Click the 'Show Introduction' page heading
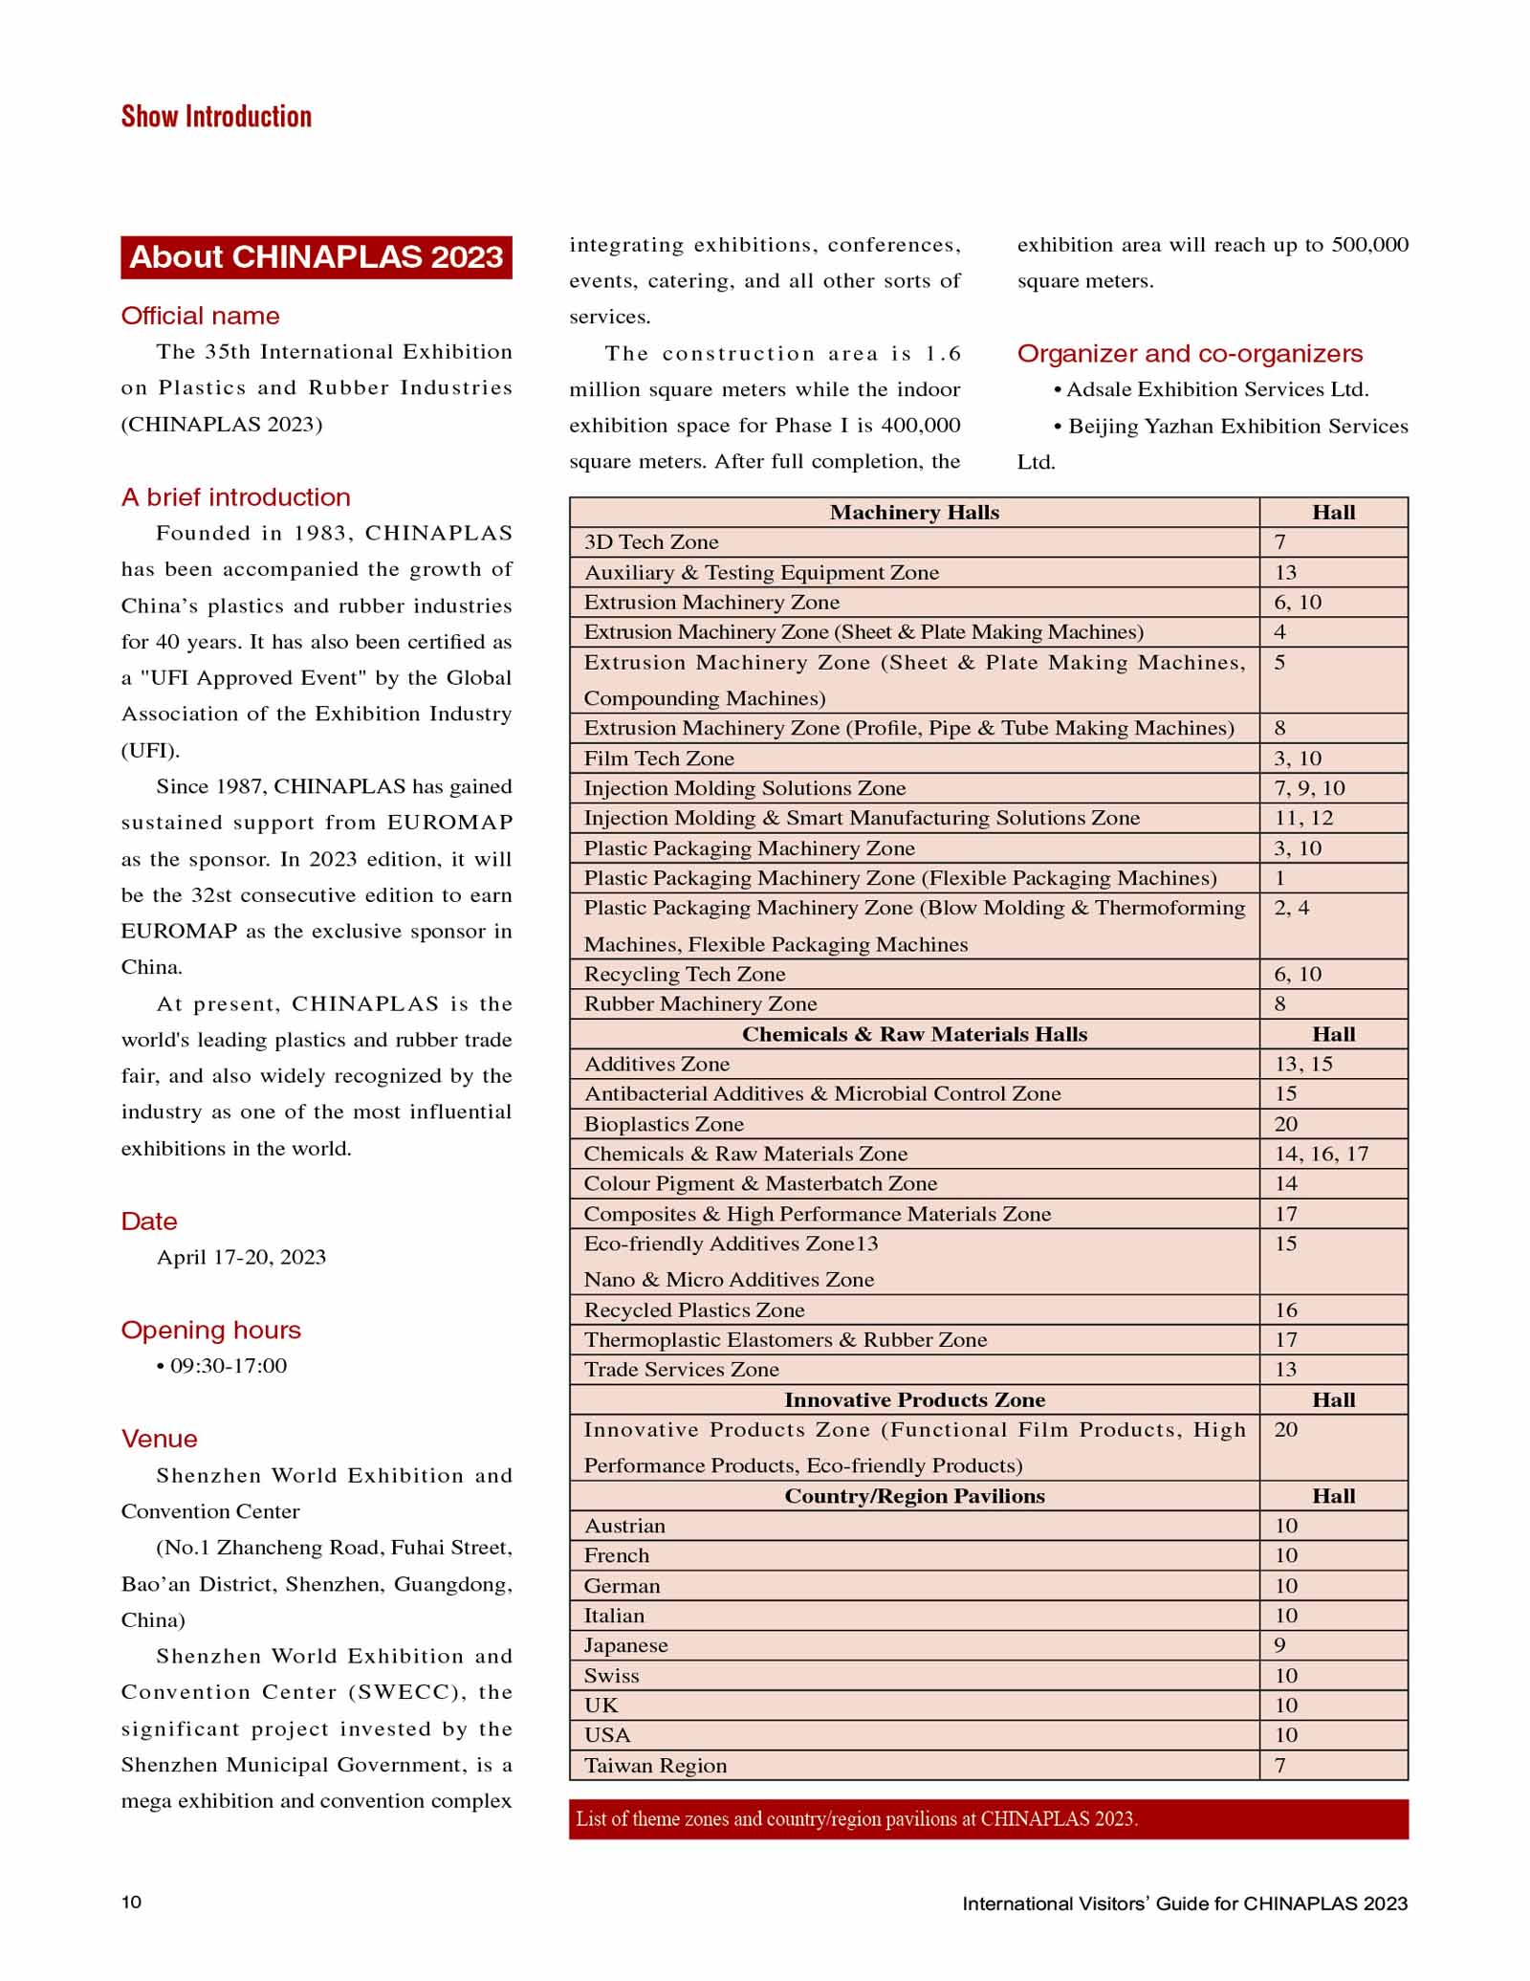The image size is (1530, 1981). (216, 117)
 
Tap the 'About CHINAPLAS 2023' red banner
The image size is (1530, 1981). (317, 257)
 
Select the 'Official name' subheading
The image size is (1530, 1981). (200, 316)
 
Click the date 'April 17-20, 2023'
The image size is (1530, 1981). (241, 1257)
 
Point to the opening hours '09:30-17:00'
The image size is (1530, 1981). (228, 1365)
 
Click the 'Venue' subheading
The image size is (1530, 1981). (159, 1439)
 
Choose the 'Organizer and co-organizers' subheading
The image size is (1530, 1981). (1190, 353)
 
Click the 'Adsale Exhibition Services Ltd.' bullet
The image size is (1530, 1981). (1216, 389)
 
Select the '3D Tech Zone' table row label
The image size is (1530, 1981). (650, 542)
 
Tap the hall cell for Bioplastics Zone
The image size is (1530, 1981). (1286, 1124)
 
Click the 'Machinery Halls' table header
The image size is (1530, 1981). (914, 513)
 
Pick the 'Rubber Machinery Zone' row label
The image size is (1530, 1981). (700, 1003)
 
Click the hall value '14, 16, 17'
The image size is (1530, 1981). (1321, 1154)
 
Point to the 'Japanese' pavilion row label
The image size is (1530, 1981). (625, 1645)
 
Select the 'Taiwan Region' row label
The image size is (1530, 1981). (655, 1765)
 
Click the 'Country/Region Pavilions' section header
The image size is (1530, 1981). (914, 1496)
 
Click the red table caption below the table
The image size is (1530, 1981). (988, 1818)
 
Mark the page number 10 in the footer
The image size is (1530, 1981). (131, 1902)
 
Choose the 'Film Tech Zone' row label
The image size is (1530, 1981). (659, 759)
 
